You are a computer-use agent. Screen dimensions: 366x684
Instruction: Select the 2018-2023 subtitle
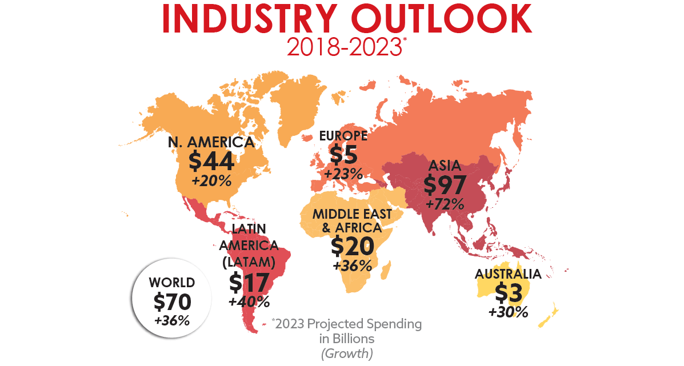343,47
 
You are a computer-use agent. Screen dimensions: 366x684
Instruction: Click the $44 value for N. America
211,162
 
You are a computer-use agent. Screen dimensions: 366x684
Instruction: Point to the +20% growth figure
211,182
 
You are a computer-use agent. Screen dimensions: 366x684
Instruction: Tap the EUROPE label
343,136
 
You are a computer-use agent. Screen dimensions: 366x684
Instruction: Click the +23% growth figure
343,174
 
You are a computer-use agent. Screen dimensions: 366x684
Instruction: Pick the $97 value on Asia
445,185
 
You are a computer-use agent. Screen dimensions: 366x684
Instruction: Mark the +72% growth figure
445,204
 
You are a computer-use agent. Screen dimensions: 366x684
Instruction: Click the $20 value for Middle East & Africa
353,247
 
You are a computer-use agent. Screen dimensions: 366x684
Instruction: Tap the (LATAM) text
249,263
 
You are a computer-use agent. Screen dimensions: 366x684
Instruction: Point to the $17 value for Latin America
249,282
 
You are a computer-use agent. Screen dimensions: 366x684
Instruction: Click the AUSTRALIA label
507,275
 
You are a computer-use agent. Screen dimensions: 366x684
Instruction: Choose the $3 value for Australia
508,293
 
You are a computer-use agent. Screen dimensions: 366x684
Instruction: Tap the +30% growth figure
508,312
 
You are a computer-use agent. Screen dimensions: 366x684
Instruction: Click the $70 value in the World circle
172,301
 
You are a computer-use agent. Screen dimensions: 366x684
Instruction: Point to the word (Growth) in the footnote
347,353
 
